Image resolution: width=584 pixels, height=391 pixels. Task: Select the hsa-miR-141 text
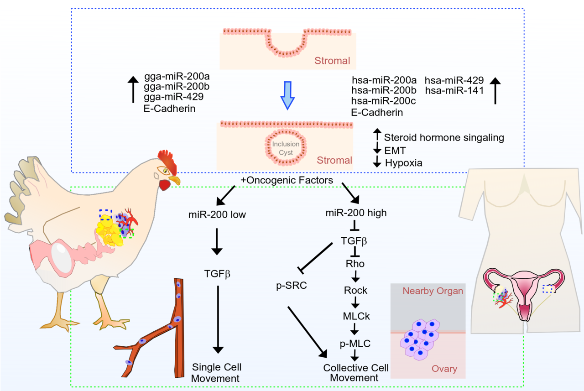[454, 91]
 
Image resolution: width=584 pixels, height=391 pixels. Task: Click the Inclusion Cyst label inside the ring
[286, 148]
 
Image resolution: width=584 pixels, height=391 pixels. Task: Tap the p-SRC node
[291, 286]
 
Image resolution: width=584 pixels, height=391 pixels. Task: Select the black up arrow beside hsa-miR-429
[495, 91]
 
